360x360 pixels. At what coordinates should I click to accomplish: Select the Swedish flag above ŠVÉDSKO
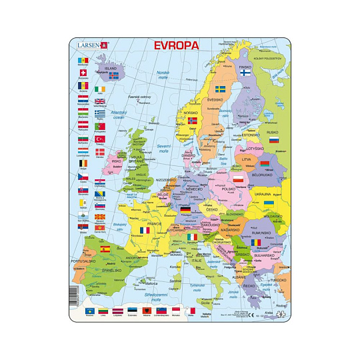coord(219,89)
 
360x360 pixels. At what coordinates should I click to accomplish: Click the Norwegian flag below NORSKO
coord(193,121)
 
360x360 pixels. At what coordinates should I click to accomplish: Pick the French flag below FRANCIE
coord(145,230)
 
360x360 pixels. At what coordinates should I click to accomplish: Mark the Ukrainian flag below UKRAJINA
coord(269,203)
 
